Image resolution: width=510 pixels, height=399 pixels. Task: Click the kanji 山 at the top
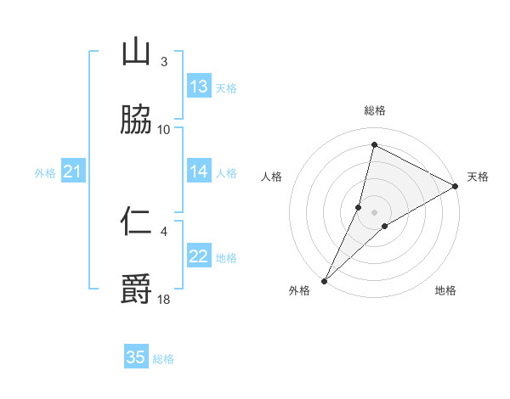pos(136,53)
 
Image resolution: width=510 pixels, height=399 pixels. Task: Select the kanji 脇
pos(136,120)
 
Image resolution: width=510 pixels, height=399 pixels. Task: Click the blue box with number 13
pos(198,87)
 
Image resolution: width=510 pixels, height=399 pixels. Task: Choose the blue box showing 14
pos(198,171)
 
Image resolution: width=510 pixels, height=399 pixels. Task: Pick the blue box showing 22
pos(198,256)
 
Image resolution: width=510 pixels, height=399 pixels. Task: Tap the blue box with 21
pos(73,171)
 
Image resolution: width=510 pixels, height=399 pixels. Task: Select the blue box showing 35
pos(136,357)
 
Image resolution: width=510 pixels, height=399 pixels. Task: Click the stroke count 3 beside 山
pos(163,62)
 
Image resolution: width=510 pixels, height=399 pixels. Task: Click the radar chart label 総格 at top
pos(375,110)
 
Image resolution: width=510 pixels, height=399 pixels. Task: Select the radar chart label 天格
pos(478,177)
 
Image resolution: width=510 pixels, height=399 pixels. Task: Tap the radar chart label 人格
pos(271,177)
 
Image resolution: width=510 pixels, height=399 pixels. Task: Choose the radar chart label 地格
pos(445,290)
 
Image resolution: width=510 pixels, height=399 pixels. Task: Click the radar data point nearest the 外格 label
pos(324,280)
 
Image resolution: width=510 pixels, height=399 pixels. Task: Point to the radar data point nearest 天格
pos(456,186)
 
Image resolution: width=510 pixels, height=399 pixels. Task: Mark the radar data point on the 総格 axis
pos(374,144)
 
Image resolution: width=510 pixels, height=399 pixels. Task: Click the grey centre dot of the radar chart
pos(374,212)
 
